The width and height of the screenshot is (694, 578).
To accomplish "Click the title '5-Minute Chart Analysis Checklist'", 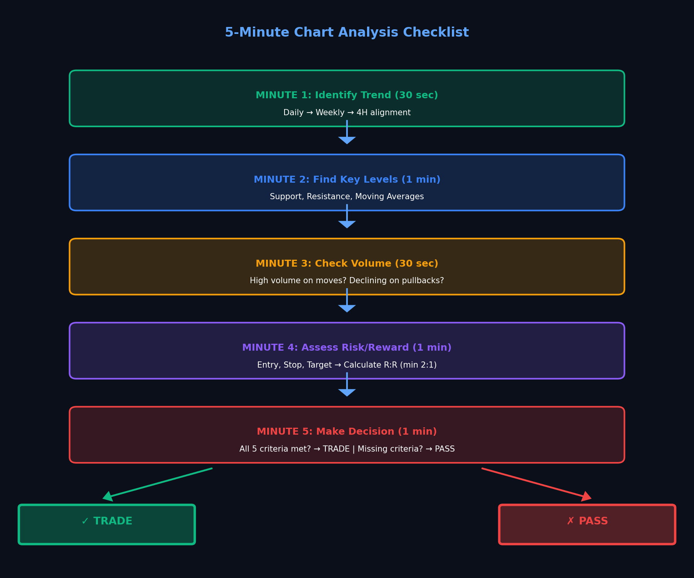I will tap(347, 32).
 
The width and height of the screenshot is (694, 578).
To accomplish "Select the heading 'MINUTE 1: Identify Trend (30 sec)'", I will tap(347, 95).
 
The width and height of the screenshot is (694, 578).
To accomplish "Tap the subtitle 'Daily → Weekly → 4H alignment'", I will tap(347, 113).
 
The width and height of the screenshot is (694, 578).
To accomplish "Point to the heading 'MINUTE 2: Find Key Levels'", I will tap(347, 180).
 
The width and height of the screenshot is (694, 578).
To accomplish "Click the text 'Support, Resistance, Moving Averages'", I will tap(347, 197).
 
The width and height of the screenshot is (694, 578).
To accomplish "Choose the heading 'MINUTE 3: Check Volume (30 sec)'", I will tap(347, 264).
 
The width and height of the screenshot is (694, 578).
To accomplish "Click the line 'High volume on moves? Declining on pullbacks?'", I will tap(347, 281).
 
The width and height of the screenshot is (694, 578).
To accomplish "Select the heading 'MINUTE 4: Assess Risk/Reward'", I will tap(347, 348).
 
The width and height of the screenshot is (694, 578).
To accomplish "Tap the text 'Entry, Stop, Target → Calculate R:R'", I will tap(347, 365).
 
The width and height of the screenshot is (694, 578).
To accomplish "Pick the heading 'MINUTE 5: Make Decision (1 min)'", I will tap(347, 432).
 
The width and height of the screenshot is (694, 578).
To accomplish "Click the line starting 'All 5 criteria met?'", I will tap(347, 449).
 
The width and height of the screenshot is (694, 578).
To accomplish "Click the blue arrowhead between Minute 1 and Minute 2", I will tap(347, 140).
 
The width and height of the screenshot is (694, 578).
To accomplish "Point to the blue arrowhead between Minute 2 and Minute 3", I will tap(347, 224).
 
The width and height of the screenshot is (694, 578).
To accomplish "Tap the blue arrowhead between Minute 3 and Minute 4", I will tap(347, 308).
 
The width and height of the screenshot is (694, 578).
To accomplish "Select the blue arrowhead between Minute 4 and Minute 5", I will tap(347, 392).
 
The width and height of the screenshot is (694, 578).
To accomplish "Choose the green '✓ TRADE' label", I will tap(107, 521).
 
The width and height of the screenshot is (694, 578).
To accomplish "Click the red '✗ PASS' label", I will tap(587, 521).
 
